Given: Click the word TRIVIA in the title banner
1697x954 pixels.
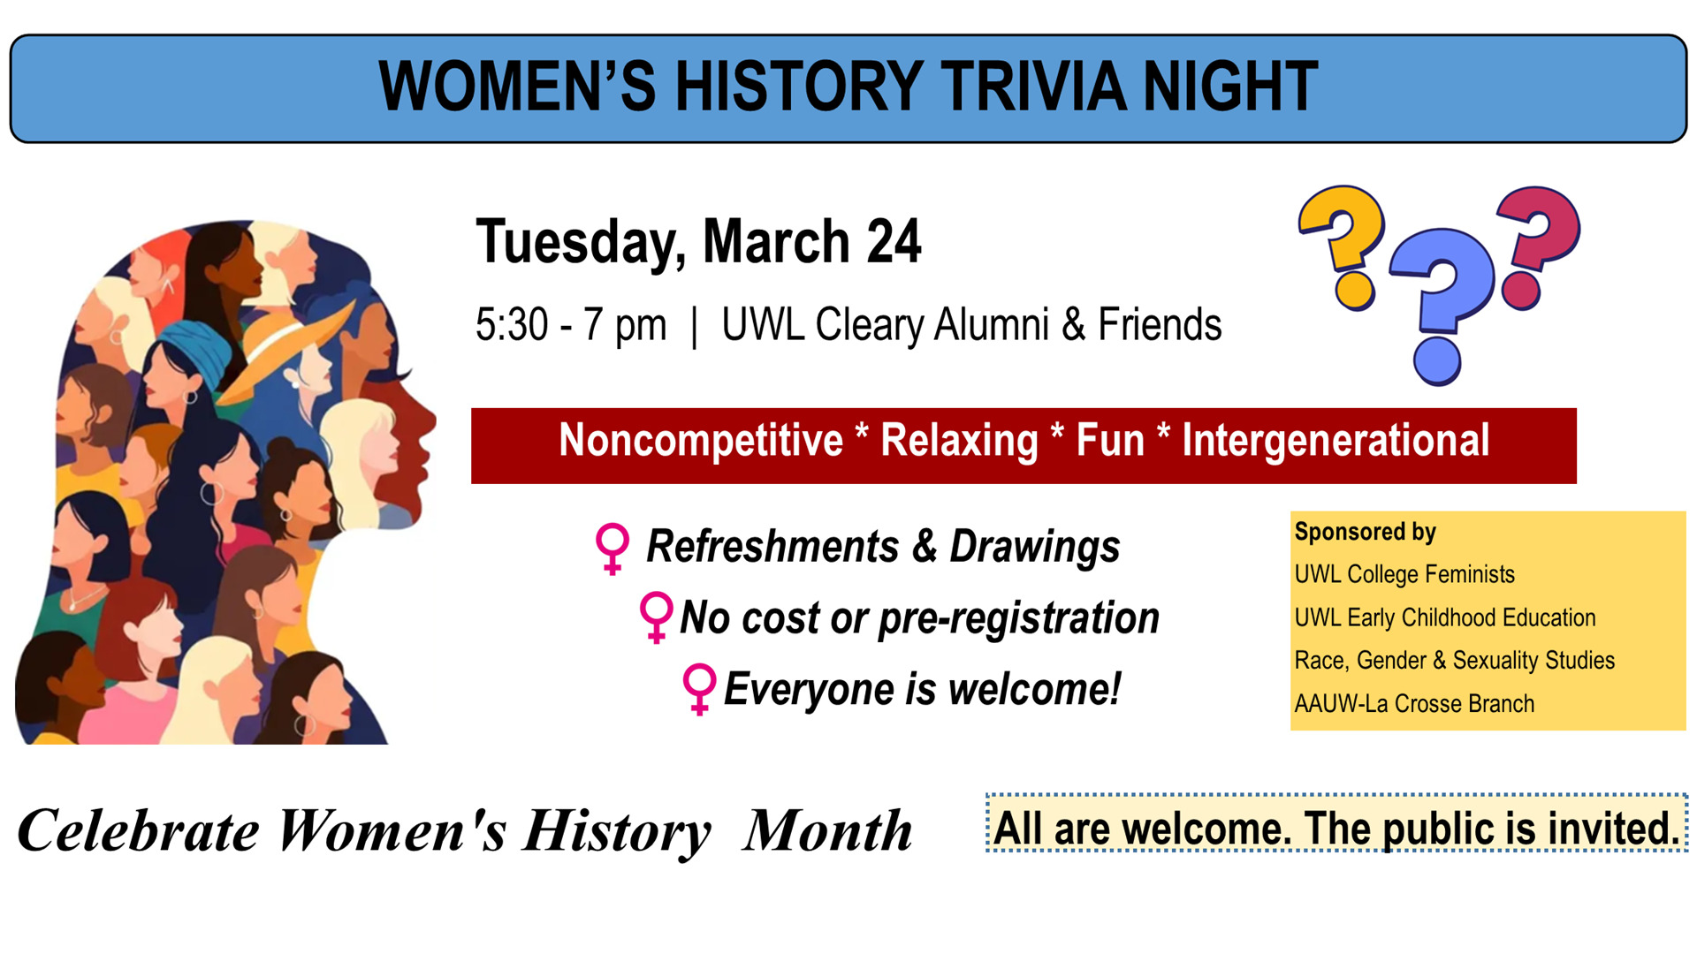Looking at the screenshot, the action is [x=1033, y=87].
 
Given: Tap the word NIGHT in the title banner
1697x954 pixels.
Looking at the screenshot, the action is [x=1230, y=87].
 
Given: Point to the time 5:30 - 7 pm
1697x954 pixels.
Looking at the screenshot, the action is [x=571, y=325].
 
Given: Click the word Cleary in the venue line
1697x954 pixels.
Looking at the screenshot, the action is [x=870, y=325].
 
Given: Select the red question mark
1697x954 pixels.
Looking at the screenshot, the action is [x=1538, y=246].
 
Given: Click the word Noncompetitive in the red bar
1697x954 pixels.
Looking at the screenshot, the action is [x=701, y=441].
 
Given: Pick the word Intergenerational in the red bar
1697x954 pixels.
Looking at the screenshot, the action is [x=1336, y=441].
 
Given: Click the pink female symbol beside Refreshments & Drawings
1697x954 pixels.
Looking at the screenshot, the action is [x=613, y=549].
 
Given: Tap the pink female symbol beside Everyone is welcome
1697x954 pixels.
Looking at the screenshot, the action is [x=699, y=689].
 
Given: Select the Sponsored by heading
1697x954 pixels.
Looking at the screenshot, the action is [x=1365, y=532].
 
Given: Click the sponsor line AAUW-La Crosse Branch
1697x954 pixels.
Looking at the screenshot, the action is [x=1414, y=704].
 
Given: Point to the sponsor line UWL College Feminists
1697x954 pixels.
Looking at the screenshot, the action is [x=1404, y=574].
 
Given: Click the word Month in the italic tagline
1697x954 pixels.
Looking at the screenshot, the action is [x=828, y=831].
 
